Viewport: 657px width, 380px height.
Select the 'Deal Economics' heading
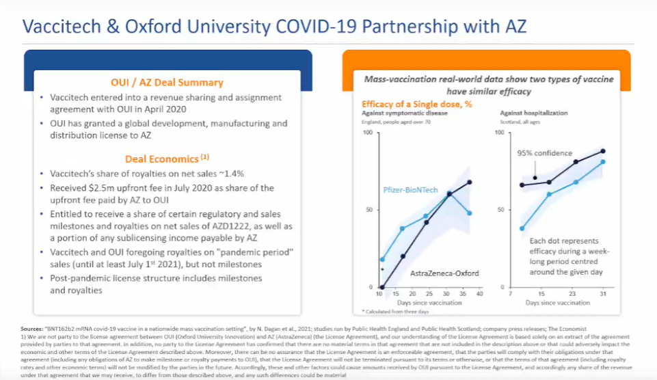pos(161,159)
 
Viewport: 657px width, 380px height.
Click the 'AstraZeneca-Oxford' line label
pos(444,273)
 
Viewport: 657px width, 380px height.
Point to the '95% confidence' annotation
pos(545,153)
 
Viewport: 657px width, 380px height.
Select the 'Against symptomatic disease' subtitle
pos(405,113)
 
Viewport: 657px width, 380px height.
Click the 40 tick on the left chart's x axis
pos(481,293)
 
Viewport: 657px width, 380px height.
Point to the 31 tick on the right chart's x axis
pos(603,293)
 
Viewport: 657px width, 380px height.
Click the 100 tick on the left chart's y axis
pos(368,132)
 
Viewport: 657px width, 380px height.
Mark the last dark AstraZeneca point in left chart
pos(469,182)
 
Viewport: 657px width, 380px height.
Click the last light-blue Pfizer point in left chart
pos(469,213)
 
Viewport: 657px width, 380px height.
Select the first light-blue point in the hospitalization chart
pos(522,228)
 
